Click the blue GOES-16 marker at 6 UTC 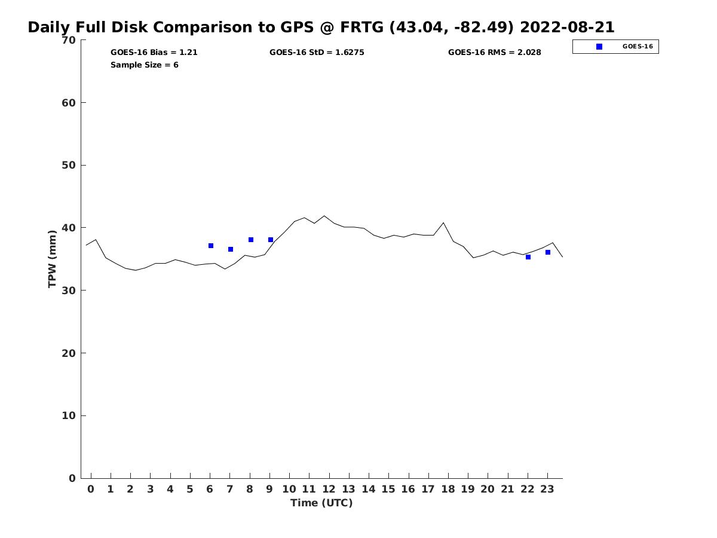click(211, 246)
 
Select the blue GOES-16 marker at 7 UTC click(231, 249)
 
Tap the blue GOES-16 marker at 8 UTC click(251, 240)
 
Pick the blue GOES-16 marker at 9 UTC click(271, 240)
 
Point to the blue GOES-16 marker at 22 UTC click(528, 257)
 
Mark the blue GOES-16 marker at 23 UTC click(548, 252)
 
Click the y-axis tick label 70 click(69, 40)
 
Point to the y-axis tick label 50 click(69, 165)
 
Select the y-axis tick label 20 click(69, 353)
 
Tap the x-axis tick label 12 click(329, 489)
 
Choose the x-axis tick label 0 click(91, 489)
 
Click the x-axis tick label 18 click(448, 489)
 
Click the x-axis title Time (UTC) click(321, 503)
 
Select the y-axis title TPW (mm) click(53, 259)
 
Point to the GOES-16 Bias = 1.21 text click(154, 53)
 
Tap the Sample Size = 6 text click(144, 65)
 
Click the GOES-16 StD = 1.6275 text click(317, 53)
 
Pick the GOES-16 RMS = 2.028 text click(494, 53)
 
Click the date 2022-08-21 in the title click(567, 27)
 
